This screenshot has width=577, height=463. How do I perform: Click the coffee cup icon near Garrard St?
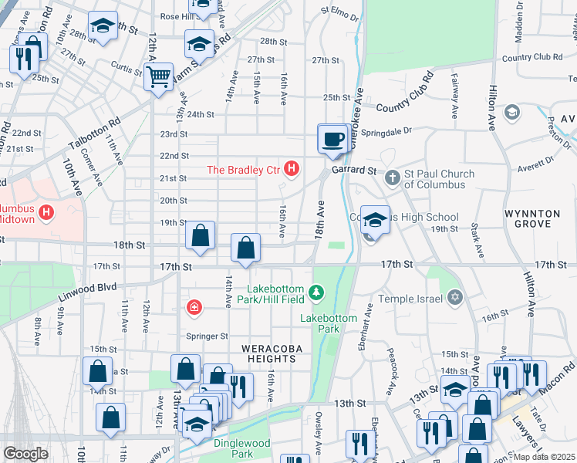click(332, 140)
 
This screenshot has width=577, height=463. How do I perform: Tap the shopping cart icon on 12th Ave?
click(158, 76)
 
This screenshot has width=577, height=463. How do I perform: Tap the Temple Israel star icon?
click(455, 298)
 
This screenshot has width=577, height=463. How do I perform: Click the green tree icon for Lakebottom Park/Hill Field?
click(315, 292)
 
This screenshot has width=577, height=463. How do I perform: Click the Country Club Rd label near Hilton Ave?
click(531, 57)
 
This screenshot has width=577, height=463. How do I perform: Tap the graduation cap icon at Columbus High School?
click(374, 219)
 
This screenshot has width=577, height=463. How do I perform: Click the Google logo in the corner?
click(25, 454)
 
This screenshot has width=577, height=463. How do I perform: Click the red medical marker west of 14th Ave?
click(194, 308)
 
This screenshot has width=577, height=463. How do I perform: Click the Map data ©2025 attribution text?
click(545, 457)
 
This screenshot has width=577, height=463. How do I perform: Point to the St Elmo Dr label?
click(345, 12)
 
